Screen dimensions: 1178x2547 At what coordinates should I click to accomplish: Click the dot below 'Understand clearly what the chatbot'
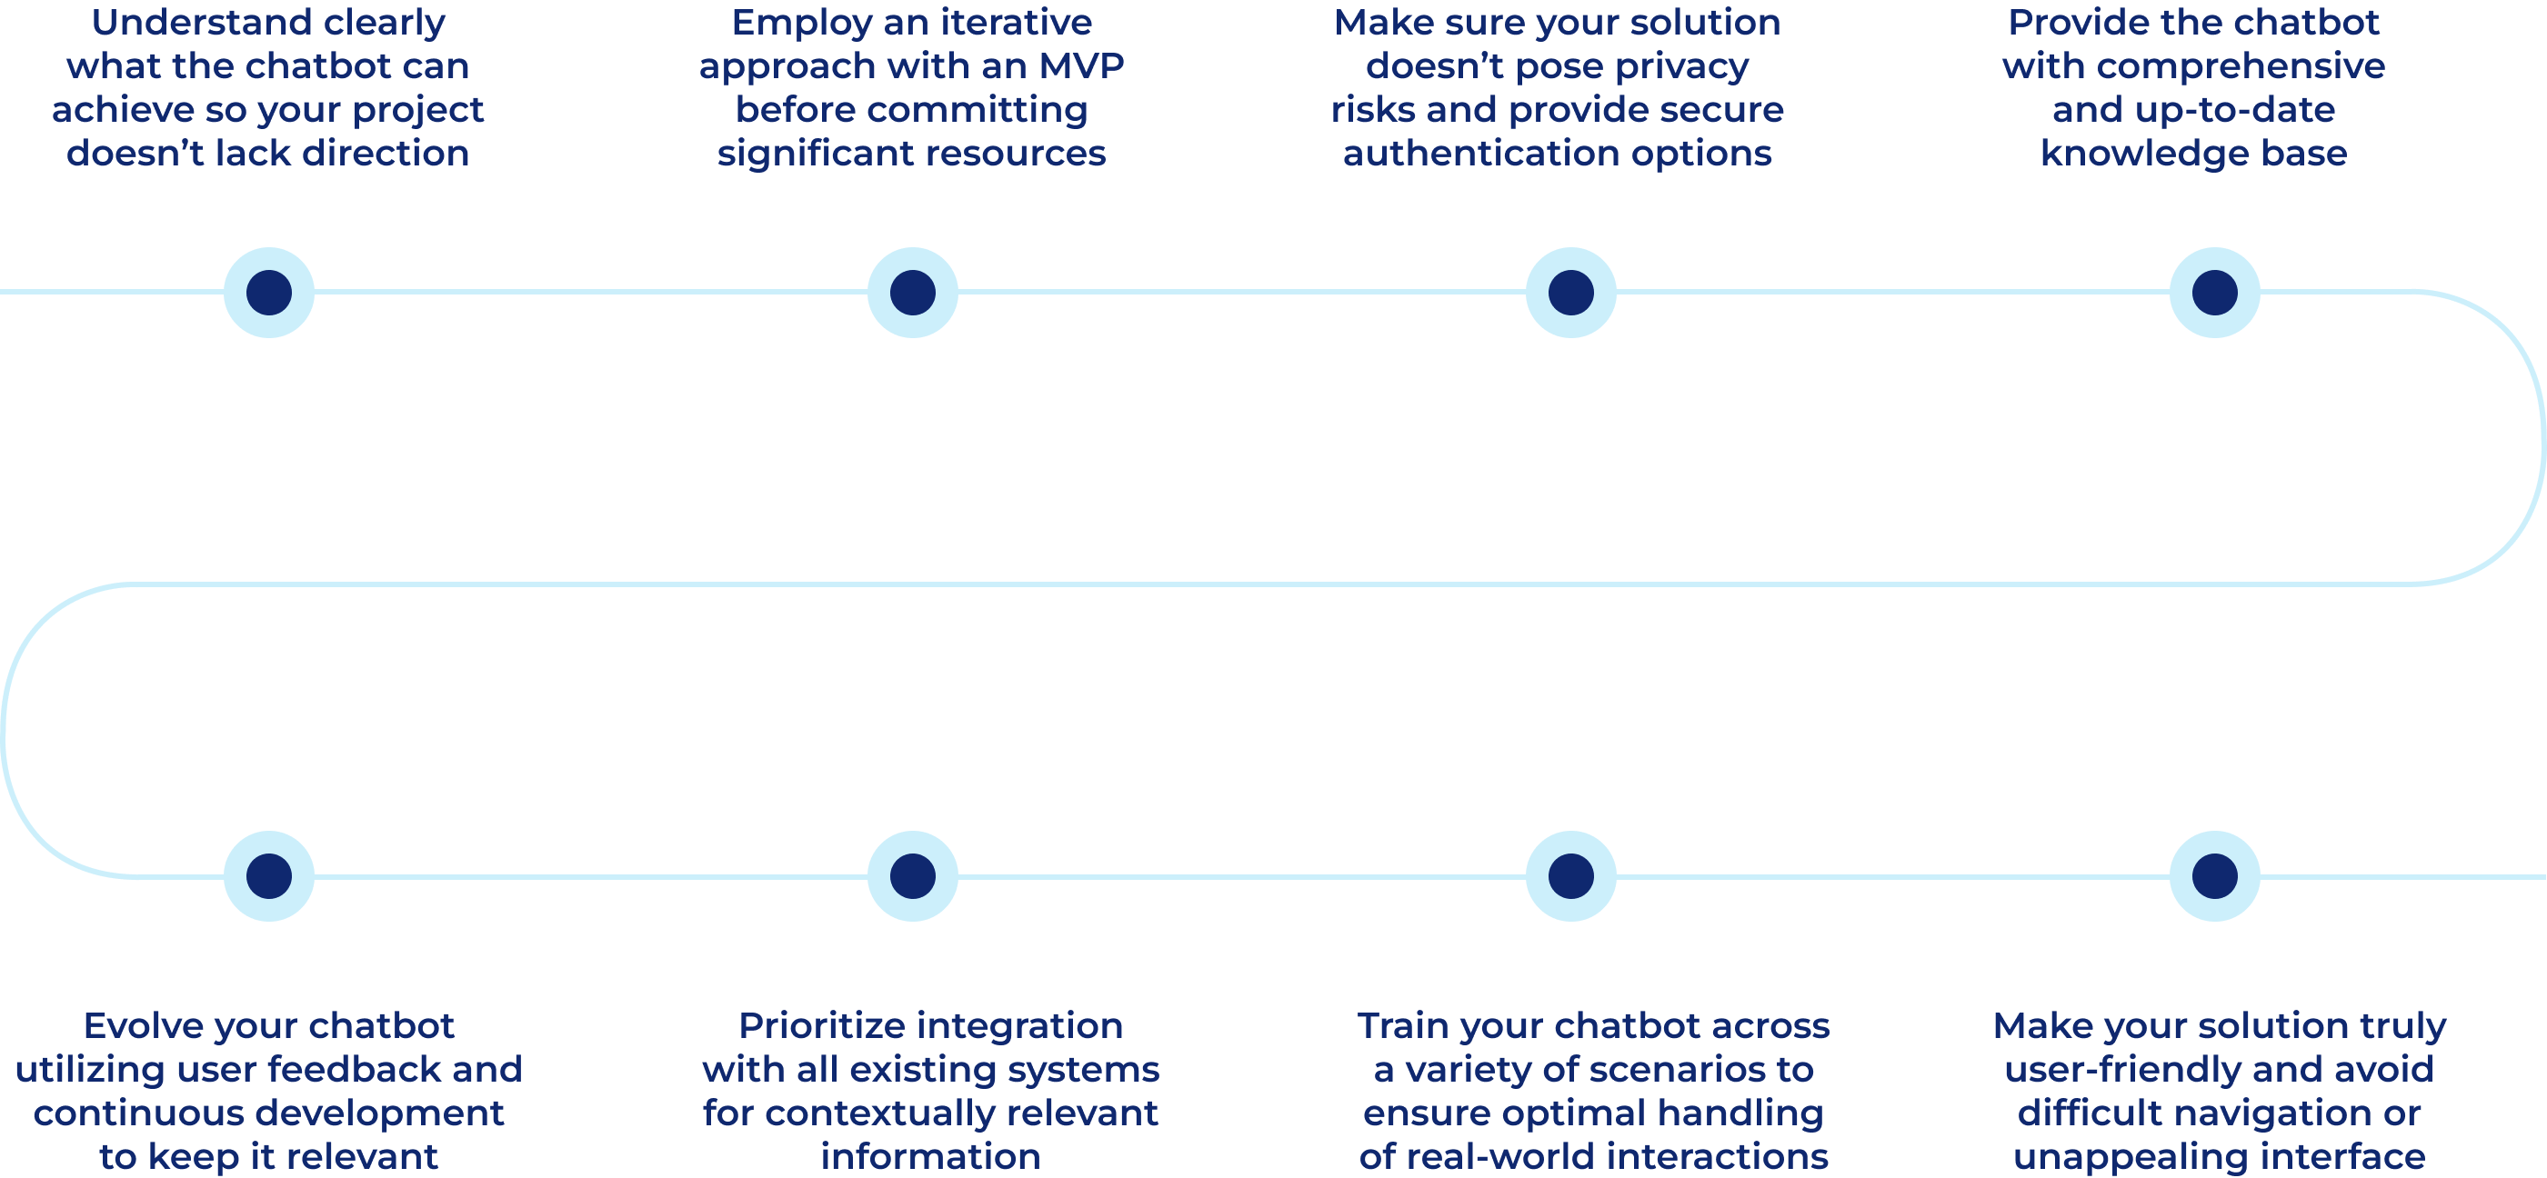tap(269, 293)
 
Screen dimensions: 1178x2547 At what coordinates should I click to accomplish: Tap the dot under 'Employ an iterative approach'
tap(913, 293)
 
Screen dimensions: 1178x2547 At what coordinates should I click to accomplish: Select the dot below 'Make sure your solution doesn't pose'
tap(1571, 293)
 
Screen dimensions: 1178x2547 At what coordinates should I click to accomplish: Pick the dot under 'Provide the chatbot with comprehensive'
tap(2215, 293)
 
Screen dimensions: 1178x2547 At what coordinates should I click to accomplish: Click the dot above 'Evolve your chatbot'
tap(269, 876)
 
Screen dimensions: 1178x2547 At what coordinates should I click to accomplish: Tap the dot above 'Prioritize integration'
tap(913, 876)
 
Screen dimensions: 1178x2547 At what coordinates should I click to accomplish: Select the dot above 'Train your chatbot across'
tap(1571, 876)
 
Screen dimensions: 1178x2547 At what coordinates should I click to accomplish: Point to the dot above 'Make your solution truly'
tap(2215, 876)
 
